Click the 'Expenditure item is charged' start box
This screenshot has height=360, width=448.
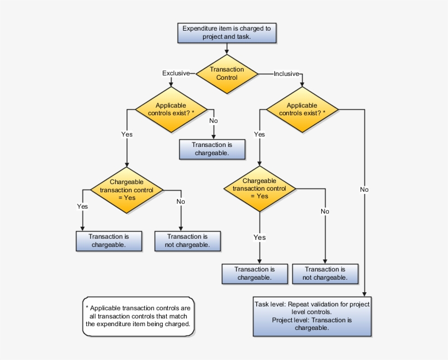coord(226,33)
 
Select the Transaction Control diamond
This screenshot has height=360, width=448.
coord(227,73)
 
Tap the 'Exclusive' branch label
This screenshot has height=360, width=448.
coord(176,73)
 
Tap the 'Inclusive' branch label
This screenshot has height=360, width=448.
coord(286,73)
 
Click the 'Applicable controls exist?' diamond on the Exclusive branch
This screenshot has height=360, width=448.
coord(171,109)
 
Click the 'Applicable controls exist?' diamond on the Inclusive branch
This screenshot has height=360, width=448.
coord(302,109)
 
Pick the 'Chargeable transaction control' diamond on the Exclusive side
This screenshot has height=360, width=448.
coord(127,190)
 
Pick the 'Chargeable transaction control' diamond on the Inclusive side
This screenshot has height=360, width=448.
coord(259,188)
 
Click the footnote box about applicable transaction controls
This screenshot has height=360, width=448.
coord(138,316)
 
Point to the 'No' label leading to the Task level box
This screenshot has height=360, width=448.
coord(364,190)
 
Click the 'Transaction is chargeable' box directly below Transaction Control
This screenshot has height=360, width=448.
coord(213,149)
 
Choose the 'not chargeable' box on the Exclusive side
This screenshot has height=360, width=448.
coord(188,241)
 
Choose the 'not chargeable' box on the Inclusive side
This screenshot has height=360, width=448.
coord(326,273)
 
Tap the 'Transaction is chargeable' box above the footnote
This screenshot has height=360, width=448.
coord(109,241)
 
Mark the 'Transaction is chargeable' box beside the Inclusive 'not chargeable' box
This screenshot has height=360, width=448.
coord(255,273)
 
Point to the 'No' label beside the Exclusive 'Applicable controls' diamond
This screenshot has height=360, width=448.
coord(214,121)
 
